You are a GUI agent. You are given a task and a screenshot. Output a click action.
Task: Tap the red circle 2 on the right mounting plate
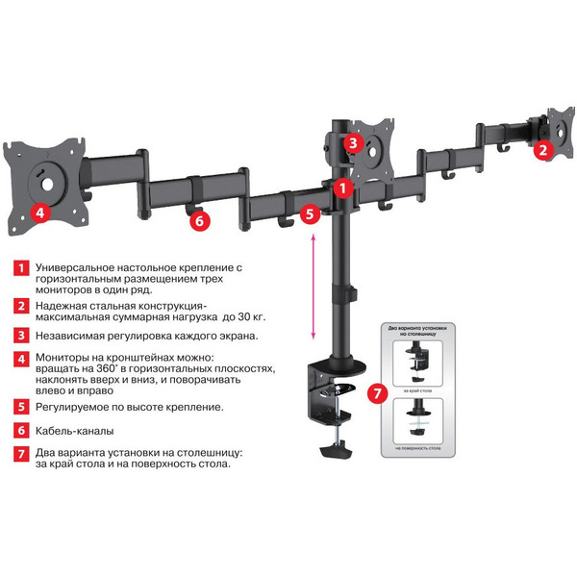pos(542,149)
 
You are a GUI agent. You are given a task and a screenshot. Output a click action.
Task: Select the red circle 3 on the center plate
pos(353,144)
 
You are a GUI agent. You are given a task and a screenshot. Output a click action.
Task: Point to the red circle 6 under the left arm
pos(198,220)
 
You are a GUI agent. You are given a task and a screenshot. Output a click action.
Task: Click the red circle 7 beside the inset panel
pos(378,393)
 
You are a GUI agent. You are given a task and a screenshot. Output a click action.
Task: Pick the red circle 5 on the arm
pos(309,213)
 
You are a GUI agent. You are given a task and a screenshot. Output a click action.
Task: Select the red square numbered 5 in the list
pos(19,407)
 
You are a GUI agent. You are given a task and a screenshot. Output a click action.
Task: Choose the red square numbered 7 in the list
pos(19,453)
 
